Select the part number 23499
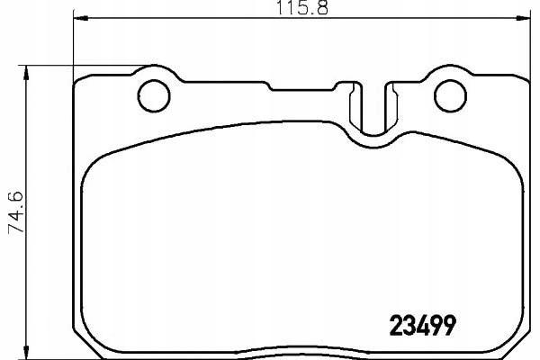pos(421,324)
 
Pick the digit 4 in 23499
pos(415,324)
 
